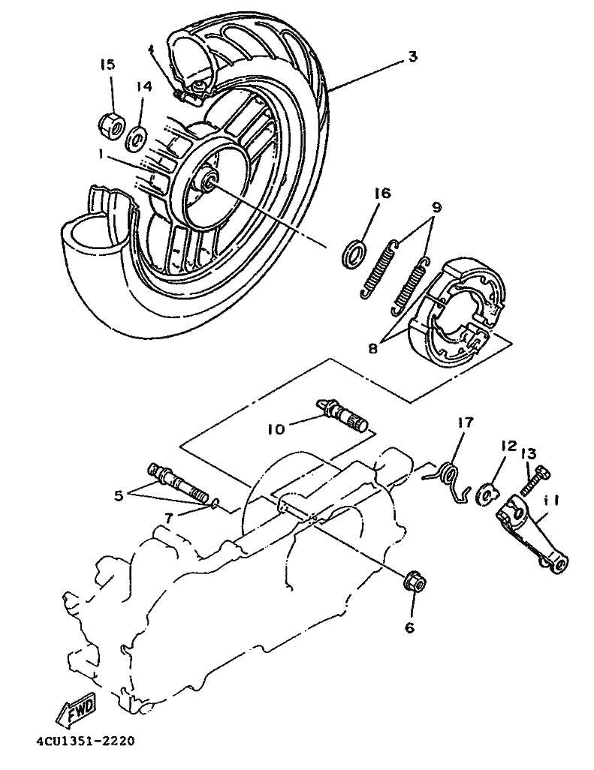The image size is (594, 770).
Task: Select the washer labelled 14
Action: click(137, 137)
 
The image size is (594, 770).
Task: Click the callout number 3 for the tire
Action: click(412, 56)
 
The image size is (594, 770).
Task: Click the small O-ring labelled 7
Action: click(213, 504)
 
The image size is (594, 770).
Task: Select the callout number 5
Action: click(118, 495)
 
